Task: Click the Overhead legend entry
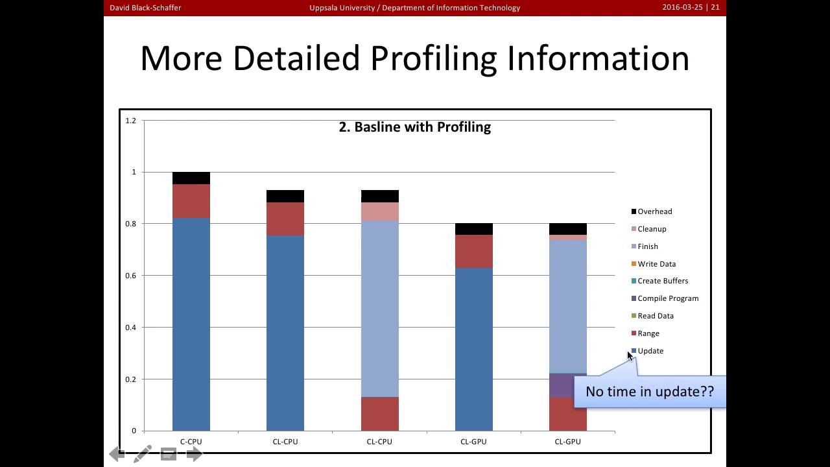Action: (654, 211)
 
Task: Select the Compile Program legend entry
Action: (667, 298)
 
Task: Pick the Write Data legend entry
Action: (656, 264)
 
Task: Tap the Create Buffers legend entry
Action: (662, 281)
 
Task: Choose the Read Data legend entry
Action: (655, 316)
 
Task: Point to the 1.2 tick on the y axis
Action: (131, 121)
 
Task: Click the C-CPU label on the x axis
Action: (191, 442)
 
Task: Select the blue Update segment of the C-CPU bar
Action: (191, 324)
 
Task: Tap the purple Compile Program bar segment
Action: (562, 386)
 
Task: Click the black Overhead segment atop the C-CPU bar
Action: (191, 178)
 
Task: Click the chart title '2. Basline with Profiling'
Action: (414, 127)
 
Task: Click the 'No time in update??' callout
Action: (649, 392)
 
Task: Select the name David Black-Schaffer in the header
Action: (145, 8)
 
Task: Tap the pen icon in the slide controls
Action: (143, 454)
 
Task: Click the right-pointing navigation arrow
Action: (194, 454)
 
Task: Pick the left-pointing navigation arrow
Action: (117, 454)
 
